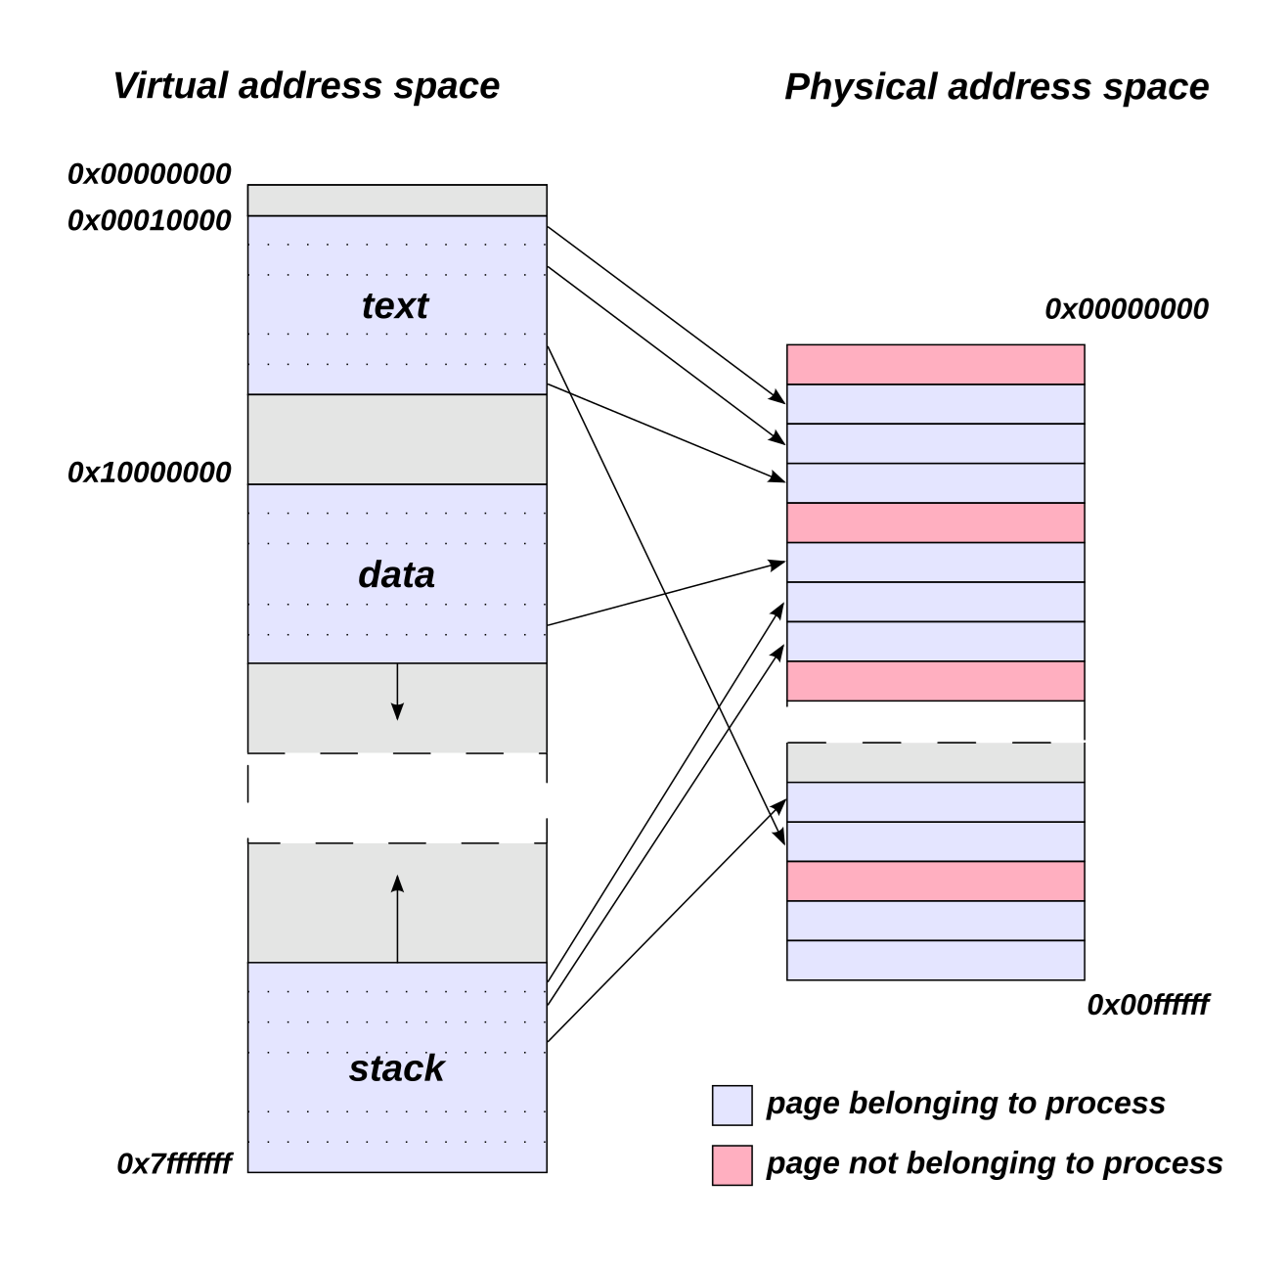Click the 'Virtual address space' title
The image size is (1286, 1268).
[x=306, y=86]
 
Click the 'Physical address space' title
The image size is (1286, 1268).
[x=996, y=87]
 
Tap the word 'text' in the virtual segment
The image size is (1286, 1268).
[x=395, y=306]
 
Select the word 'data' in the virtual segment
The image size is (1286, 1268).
[x=396, y=574]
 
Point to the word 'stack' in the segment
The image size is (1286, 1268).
[x=396, y=1068]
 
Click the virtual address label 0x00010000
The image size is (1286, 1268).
[x=150, y=221]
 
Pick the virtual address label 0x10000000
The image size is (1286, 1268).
[x=150, y=473]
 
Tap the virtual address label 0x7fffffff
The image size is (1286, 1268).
[x=174, y=1163]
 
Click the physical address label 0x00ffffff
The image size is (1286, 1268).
[x=1147, y=1005]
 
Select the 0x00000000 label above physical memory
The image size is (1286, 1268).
[x=1127, y=309]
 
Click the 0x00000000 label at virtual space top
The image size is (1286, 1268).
[x=150, y=174]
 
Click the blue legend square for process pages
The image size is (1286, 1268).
[x=732, y=1105]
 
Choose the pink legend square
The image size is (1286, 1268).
[x=732, y=1164]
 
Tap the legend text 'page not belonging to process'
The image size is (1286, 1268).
[x=994, y=1163]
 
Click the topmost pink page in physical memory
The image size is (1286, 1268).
[x=935, y=364]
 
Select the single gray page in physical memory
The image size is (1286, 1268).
[x=935, y=762]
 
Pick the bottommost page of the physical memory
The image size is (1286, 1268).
[x=935, y=960]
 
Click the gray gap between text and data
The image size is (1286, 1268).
[x=397, y=439]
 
